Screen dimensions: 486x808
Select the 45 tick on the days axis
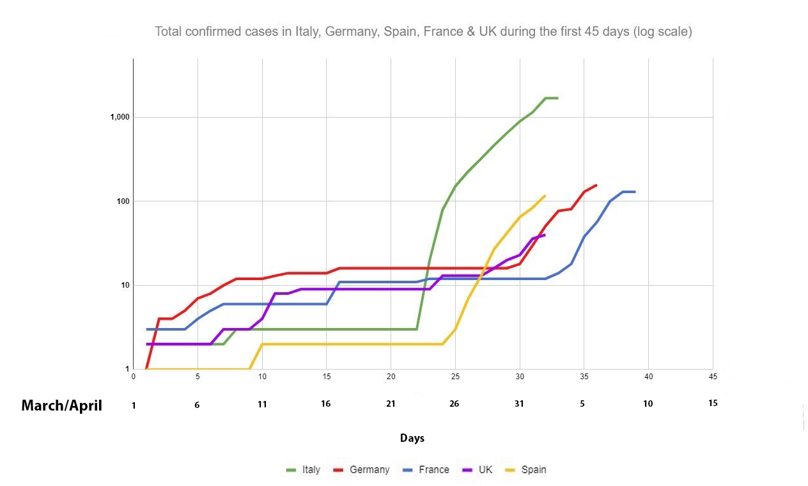pyautogui.click(x=713, y=377)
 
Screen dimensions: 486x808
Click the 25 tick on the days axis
pyautogui.click(x=454, y=377)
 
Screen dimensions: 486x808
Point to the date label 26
pyautogui.click(x=454, y=404)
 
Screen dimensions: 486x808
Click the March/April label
pyautogui.click(x=61, y=405)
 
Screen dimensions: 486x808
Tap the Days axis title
pyautogui.click(x=412, y=438)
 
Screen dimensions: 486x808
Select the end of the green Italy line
pyautogui.click(x=557, y=98)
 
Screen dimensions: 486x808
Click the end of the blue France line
pyautogui.click(x=634, y=192)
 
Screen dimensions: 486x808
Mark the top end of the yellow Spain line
pyautogui.click(x=545, y=196)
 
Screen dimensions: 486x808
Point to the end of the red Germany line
pyautogui.click(x=596, y=185)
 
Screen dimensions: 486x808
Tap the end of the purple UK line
pyautogui.click(x=545, y=235)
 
